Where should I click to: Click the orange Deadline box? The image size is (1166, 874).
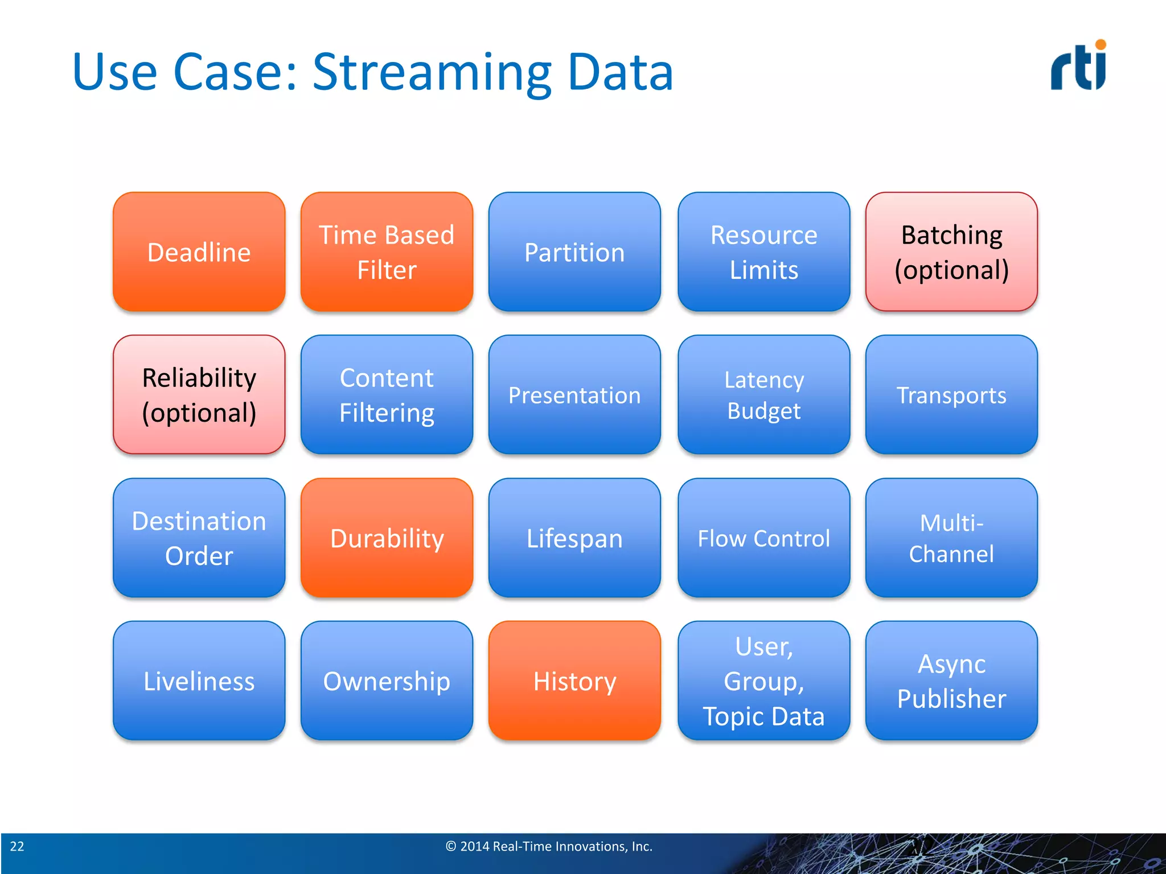pyautogui.click(x=199, y=252)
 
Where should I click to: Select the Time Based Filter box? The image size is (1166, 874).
pyautogui.click(x=387, y=252)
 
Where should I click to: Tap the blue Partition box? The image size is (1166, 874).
pyautogui.click(x=574, y=252)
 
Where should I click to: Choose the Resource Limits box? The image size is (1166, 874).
pyautogui.click(x=763, y=252)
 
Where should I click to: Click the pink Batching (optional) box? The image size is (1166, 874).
pyautogui.click(x=951, y=252)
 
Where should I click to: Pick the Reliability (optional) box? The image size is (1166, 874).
pyautogui.click(x=199, y=395)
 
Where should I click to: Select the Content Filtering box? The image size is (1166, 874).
pyautogui.click(x=387, y=395)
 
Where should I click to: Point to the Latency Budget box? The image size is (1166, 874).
pyautogui.click(x=763, y=395)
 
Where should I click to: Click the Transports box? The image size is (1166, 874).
pyautogui.click(x=951, y=395)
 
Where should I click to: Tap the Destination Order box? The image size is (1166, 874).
pyautogui.click(x=199, y=538)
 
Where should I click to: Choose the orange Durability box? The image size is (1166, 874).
pyautogui.click(x=387, y=538)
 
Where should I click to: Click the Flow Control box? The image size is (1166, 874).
pyautogui.click(x=763, y=538)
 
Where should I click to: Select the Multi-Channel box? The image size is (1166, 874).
pyautogui.click(x=951, y=538)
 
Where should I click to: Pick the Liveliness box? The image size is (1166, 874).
pyautogui.click(x=199, y=681)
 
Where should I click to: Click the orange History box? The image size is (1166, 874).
pyautogui.click(x=574, y=681)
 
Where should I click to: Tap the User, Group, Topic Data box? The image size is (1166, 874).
pyautogui.click(x=763, y=681)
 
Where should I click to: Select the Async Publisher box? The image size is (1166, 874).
pyautogui.click(x=951, y=681)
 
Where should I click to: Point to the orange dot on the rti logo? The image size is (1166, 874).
pyautogui.click(x=1101, y=44)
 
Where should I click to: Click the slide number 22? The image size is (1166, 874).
pyautogui.click(x=17, y=846)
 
